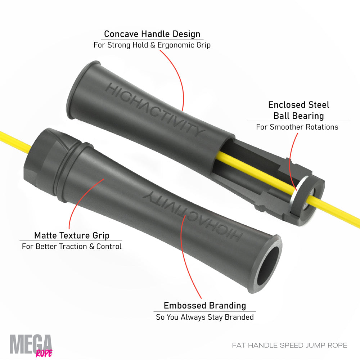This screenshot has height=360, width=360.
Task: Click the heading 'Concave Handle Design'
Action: (152, 34)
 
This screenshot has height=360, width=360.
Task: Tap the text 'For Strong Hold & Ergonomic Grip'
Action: (152, 45)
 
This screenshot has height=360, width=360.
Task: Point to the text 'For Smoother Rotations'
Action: (297, 127)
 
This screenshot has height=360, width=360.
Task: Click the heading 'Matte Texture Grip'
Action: (72, 235)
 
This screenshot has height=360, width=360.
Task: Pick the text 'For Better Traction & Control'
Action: (72, 246)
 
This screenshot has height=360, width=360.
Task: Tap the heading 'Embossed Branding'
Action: (205, 306)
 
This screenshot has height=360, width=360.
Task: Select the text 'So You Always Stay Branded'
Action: (205, 317)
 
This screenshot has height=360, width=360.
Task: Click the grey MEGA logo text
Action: (30, 344)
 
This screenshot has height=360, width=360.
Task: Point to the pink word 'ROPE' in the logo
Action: (44, 354)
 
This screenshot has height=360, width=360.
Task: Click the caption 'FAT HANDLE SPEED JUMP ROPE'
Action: (289, 345)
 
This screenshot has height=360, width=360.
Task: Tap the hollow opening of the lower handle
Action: (268, 266)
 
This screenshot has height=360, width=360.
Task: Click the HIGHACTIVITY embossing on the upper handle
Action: (155, 110)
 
